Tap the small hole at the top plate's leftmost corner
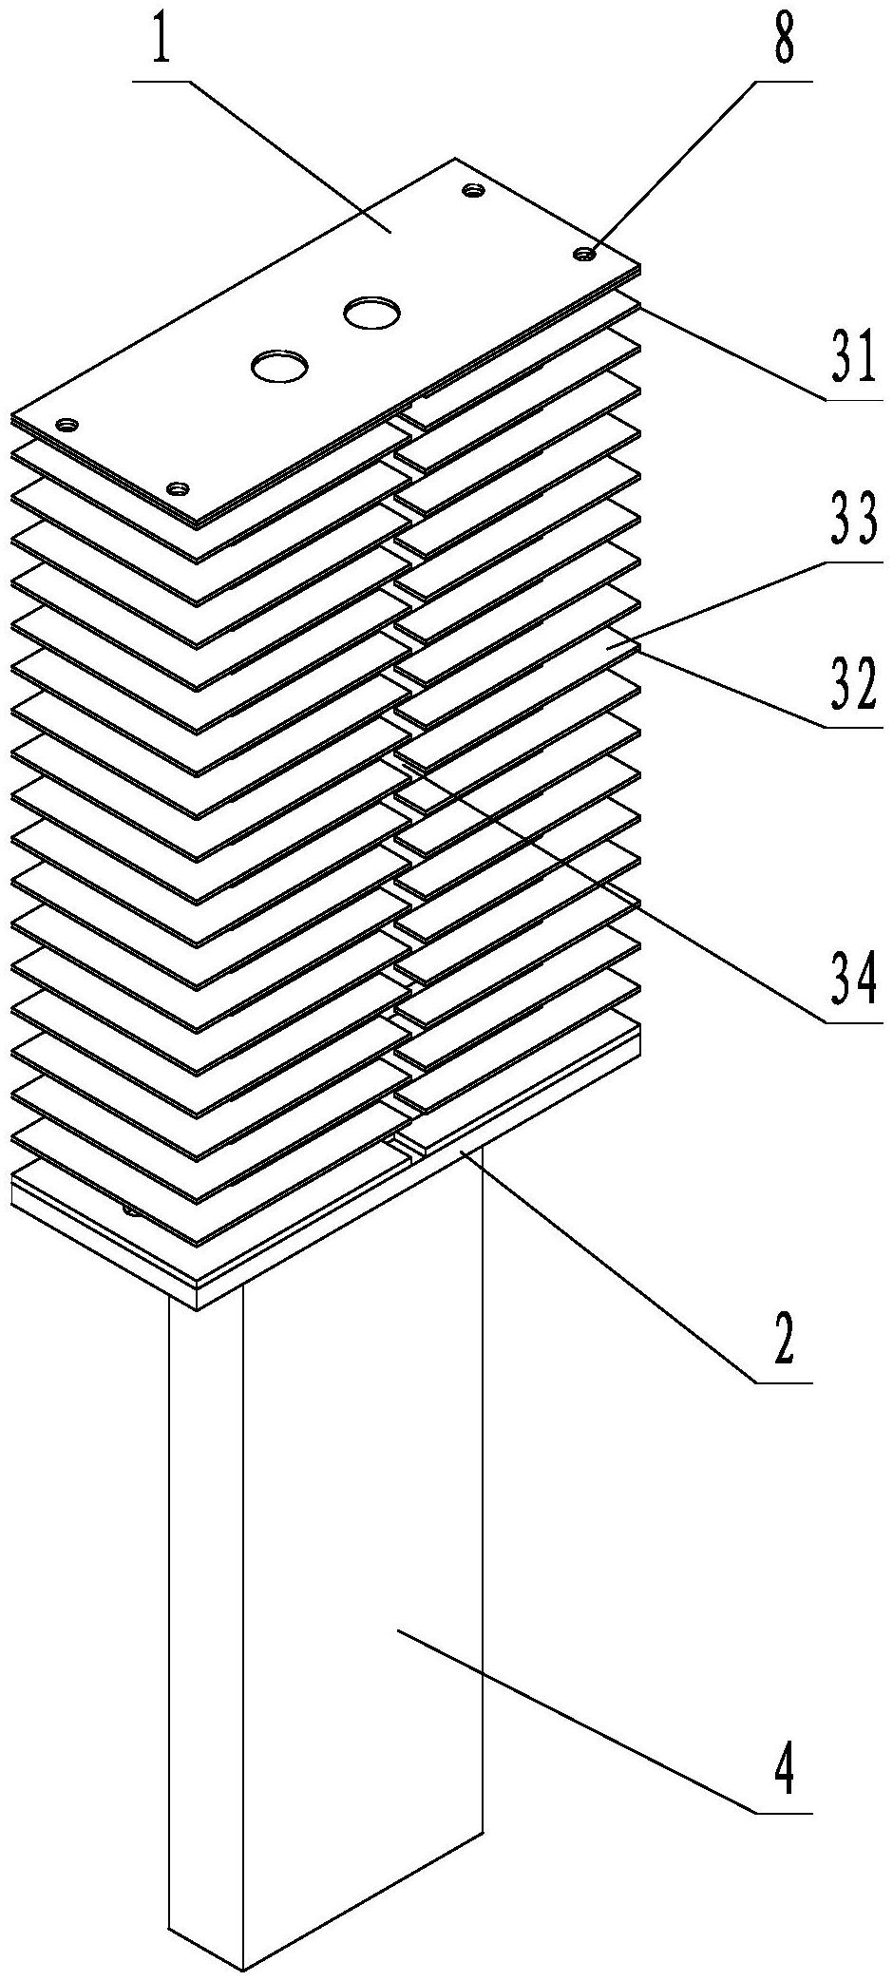(x=67, y=425)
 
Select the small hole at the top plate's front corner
(x=177, y=489)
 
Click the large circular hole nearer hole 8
(x=371, y=313)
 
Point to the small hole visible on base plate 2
(x=130, y=1210)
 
